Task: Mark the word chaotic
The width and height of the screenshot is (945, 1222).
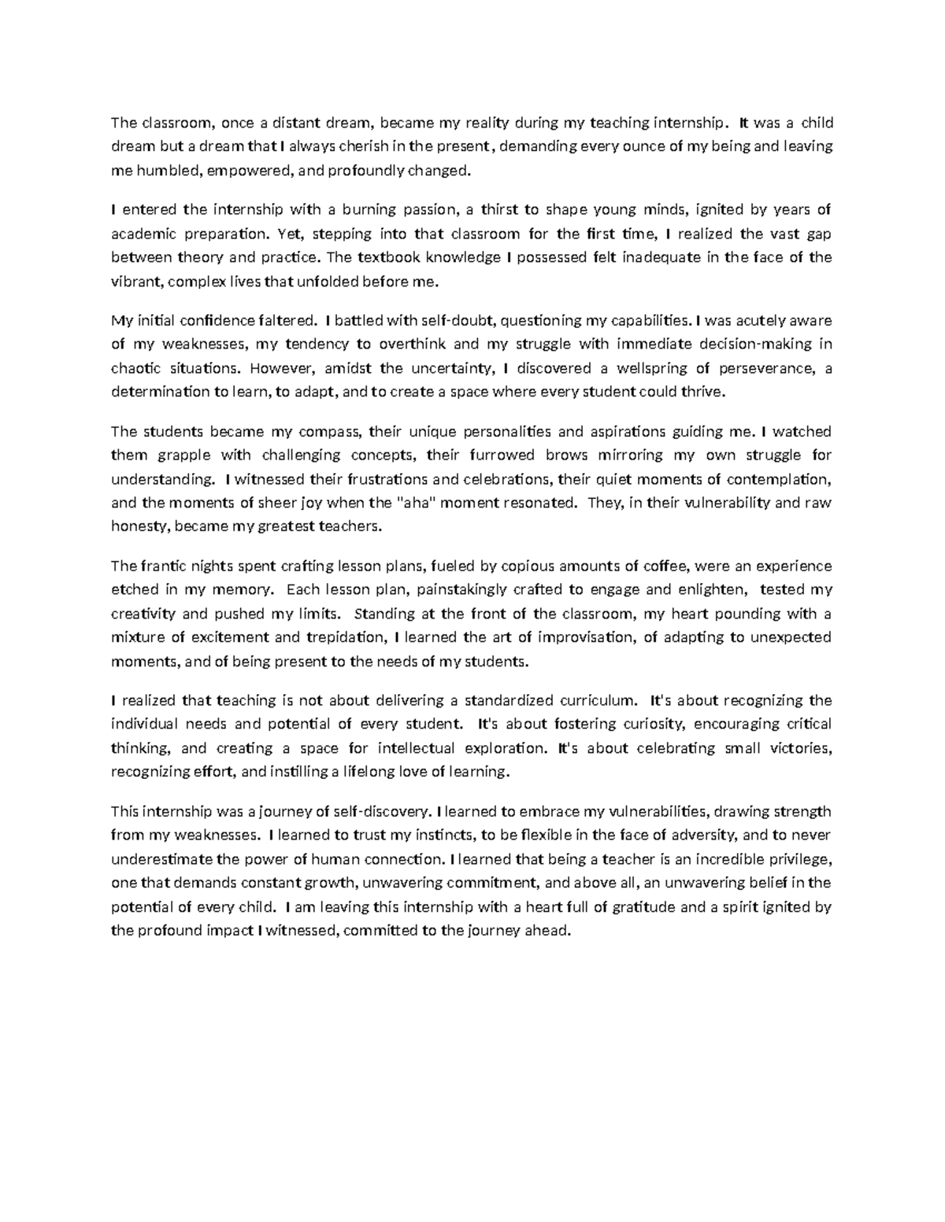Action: pyautogui.click(x=133, y=367)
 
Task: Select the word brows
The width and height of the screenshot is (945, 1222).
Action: pyautogui.click(x=567, y=455)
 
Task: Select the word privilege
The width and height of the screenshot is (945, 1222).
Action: pyautogui.click(x=799, y=859)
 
